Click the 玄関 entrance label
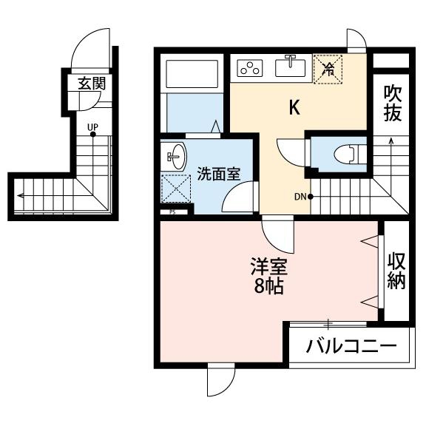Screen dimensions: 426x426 point(92,84)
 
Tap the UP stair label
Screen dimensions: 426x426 point(92,127)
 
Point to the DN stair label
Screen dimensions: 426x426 point(300,197)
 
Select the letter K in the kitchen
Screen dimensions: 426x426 point(294,107)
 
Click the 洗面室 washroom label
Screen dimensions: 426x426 point(219,174)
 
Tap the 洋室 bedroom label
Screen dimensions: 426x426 point(269,267)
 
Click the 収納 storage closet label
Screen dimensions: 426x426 point(396,271)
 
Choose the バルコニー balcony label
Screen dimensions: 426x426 point(351,346)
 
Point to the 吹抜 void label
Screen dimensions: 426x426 point(393,104)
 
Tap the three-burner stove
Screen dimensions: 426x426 point(250,68)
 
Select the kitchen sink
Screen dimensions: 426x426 point(290,68)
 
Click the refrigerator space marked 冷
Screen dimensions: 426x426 point(328,70)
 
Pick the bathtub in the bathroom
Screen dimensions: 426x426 point(192,74)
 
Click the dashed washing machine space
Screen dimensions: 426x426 point(176,189)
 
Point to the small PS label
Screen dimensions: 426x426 point(172,212)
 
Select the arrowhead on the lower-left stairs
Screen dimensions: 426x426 point(20,195)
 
